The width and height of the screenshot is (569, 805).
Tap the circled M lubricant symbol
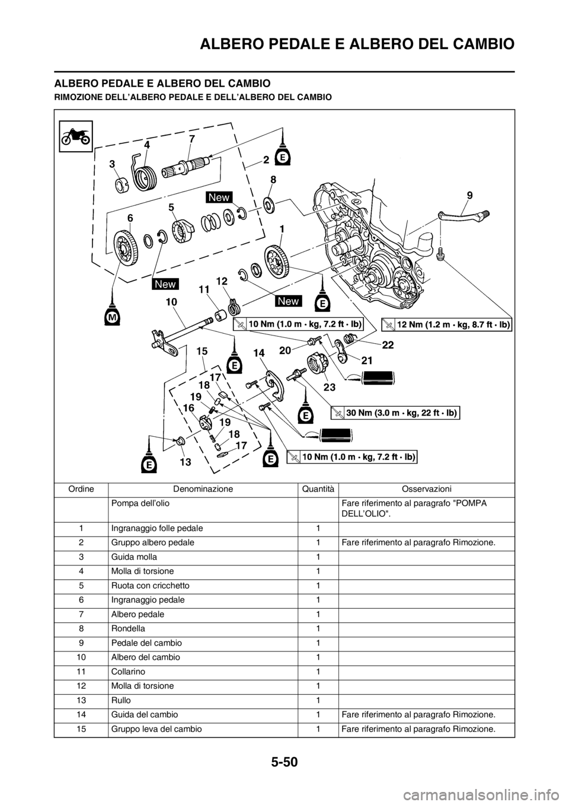111,318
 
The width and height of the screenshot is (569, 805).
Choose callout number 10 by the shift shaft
171,301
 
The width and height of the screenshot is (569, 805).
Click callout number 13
186,460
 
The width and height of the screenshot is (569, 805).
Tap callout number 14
258,352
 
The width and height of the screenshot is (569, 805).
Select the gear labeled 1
277,260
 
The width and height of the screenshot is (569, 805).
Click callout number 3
111,164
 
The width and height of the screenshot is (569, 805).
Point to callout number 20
284,350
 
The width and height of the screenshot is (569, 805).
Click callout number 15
203,351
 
